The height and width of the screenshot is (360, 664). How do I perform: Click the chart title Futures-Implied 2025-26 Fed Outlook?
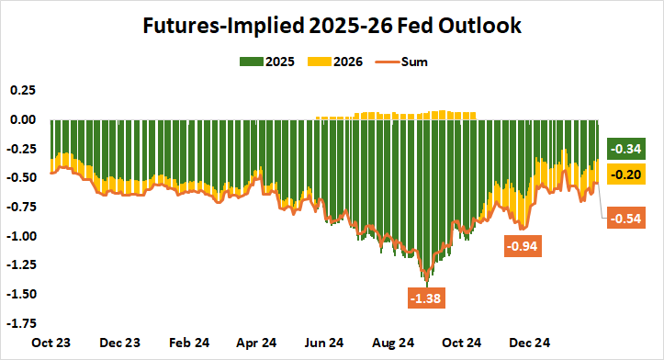click(x=332, y=26)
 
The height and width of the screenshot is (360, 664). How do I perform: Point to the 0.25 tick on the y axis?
click(x=21, y=90)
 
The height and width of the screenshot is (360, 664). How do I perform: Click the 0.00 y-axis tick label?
click(x=21, y=119)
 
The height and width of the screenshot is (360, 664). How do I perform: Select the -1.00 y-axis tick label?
click(x=19, y=236)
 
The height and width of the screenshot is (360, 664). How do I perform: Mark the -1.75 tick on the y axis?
click(x=19, y=323)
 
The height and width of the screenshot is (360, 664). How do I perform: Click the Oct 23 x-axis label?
click(x=51, y=343)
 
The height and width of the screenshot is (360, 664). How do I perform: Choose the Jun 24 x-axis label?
click(x=324, y=343)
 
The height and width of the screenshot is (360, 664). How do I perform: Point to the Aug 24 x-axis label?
click(x=392, y=343)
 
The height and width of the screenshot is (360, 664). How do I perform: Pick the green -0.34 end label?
click(x=629, y=149)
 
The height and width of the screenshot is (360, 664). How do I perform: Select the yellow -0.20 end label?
click(x=629, y=174)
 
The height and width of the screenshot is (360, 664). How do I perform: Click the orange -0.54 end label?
click(x=629, y=219)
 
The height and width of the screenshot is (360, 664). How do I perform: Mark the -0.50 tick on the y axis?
click(x=19, y=178)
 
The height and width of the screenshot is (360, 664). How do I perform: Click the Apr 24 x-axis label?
click(x=256, y=343)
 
